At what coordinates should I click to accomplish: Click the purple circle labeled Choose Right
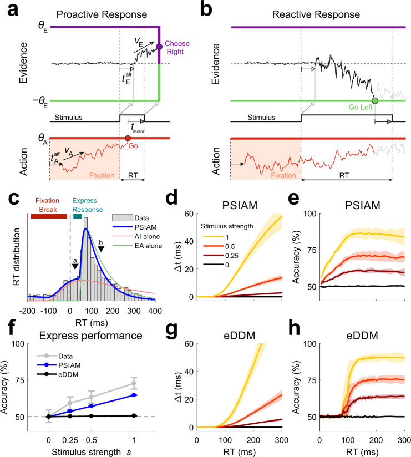(x=160, y=47)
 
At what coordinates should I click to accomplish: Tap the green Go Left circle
(x=375, y=101)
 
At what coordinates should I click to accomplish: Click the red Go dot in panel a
(x=128, y=138)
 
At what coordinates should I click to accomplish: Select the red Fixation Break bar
(x=48, y=201)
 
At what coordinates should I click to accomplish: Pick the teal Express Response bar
(x=77, y=201)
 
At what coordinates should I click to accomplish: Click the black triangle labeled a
(x=74, y=268)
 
